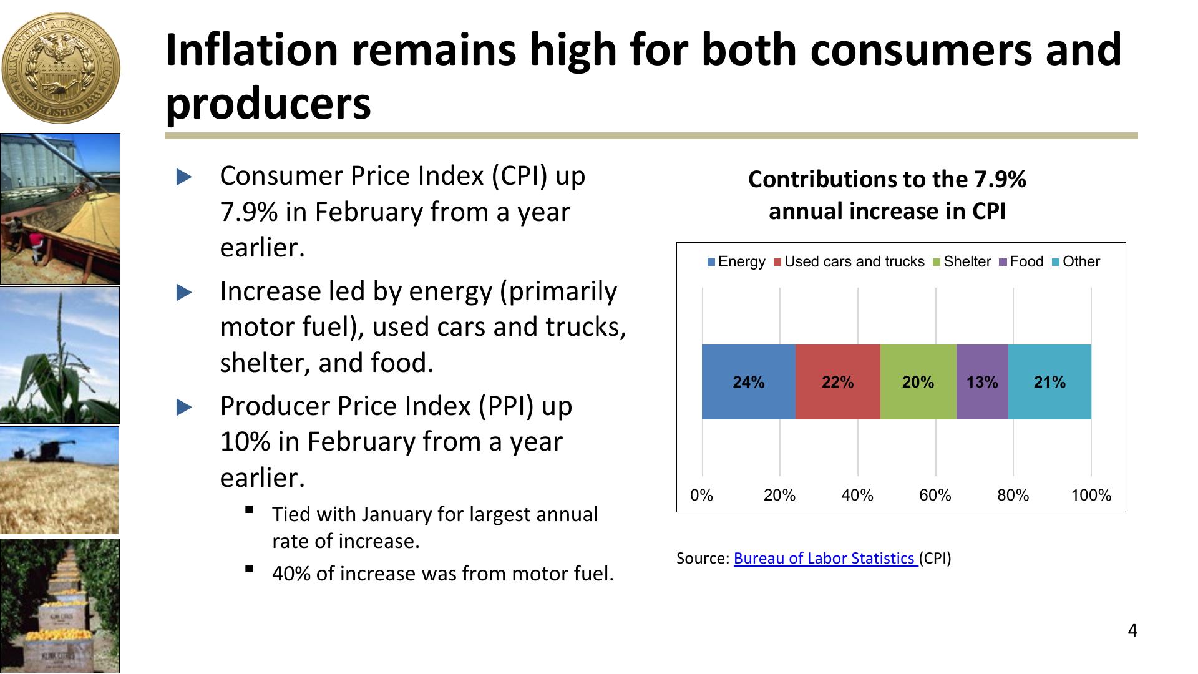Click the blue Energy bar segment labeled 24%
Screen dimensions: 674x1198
click(x=748, y=382)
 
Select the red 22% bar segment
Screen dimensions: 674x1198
click(x=837, y=382)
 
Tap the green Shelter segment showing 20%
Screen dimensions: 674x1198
click(x=918, y=382)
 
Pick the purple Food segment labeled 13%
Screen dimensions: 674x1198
click(x=982, y=382)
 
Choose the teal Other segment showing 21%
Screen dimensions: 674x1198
click(x=1049, y=382)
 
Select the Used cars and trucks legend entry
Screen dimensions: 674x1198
click(x=849, y=262)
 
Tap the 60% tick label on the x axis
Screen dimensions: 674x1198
click(x=935, y=496)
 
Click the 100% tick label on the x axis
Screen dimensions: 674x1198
click(x=1091, y=496)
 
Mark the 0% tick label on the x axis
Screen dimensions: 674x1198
click(x=702, y=496)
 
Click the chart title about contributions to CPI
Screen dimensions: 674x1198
click(x=887, y=195)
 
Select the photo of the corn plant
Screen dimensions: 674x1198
click(x=60, y=355)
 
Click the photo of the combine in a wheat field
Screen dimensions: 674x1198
click(x=60, y=481)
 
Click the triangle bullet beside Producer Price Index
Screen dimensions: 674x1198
click(x=185, y=408)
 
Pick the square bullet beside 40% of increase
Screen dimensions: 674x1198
click(x=250, y=569)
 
